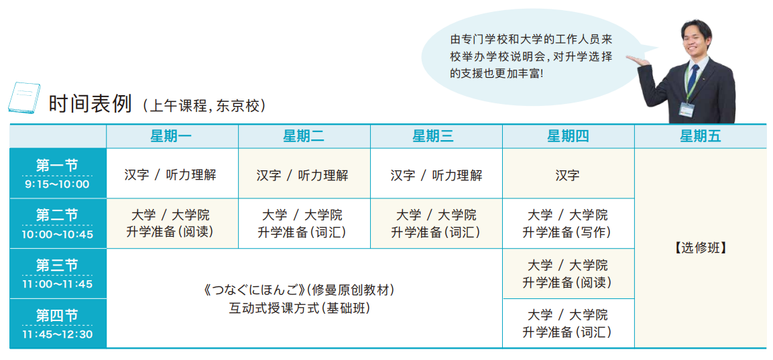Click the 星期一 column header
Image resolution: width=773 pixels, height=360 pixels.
pyautogui.click(x=172, y=136)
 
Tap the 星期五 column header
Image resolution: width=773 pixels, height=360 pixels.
pyautogui.click(x=701, y=136)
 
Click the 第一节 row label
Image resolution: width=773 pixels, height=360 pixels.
pyautogui.click(x=57, y=166)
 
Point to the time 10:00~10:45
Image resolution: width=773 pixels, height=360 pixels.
pyautogui.click(x=57, y=234)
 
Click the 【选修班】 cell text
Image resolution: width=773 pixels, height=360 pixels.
pyautogui.click(x=700, y=249)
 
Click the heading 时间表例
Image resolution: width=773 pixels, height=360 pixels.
pyautogui.click(x=90, y=104)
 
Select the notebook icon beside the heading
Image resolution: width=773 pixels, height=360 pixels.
pyautogui.click(x=23, y=98)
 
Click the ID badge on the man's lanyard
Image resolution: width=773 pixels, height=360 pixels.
pyautogui.click(x=687, y=109)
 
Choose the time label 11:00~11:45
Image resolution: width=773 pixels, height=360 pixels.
pyautogui.click(x=57, y=284)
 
